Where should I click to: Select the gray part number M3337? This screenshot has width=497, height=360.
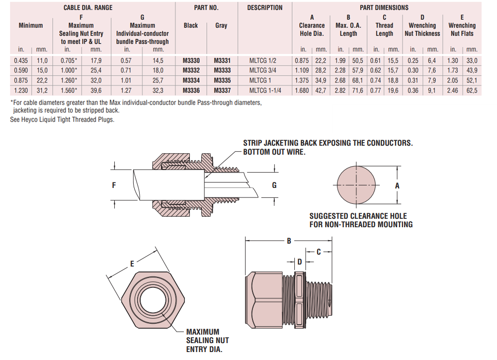pos(222,90)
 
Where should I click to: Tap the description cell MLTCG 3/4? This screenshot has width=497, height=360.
pos(265,71)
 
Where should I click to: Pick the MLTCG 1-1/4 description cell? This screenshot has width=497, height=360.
pos(265,90)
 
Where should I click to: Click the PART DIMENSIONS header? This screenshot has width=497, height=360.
pos(384,7)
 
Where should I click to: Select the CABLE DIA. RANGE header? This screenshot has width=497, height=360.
pos(88,7)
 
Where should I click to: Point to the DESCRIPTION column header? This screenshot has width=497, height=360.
pos(265,7)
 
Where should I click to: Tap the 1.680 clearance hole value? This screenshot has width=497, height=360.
pos(302,90)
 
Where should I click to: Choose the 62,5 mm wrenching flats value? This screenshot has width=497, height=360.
pos(472,90)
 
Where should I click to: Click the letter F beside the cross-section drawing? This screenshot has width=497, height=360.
pos(114,185)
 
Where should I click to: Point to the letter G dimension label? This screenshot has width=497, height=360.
pos(274,185)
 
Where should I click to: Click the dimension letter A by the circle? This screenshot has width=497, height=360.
pos(397,185)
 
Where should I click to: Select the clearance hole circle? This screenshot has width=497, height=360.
pos(357,185)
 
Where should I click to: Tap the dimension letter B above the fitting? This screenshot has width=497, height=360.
pos(289,241)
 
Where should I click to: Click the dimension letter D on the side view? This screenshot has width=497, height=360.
pos(300,261)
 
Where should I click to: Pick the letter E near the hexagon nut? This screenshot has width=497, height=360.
pos(132,264)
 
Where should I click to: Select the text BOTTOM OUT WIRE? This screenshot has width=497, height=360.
pos(274,152)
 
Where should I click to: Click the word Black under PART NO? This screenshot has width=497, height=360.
pos(191,25)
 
